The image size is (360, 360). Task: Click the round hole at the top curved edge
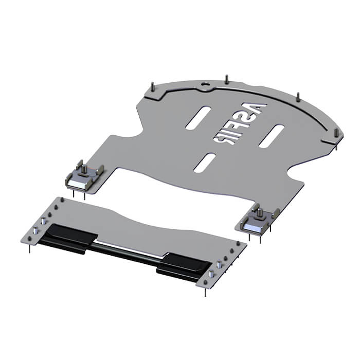206,84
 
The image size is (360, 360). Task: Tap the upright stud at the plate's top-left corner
152,87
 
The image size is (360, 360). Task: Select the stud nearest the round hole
227,79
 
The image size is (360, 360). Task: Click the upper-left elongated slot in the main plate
199,118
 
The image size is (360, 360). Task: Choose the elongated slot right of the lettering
272,136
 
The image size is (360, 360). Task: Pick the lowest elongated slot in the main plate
205,163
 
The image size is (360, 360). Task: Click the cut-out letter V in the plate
255,107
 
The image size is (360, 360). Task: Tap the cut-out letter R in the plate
224,139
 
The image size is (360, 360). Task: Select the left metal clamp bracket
84,176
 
